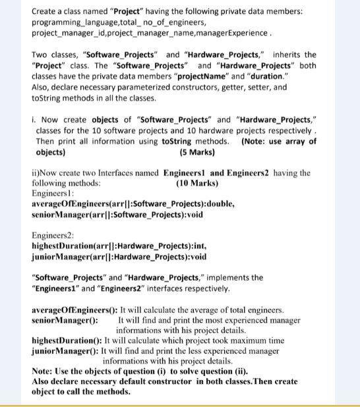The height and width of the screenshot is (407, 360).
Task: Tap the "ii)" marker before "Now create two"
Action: [37, 173]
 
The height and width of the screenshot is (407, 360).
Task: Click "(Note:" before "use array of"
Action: [254, 142]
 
